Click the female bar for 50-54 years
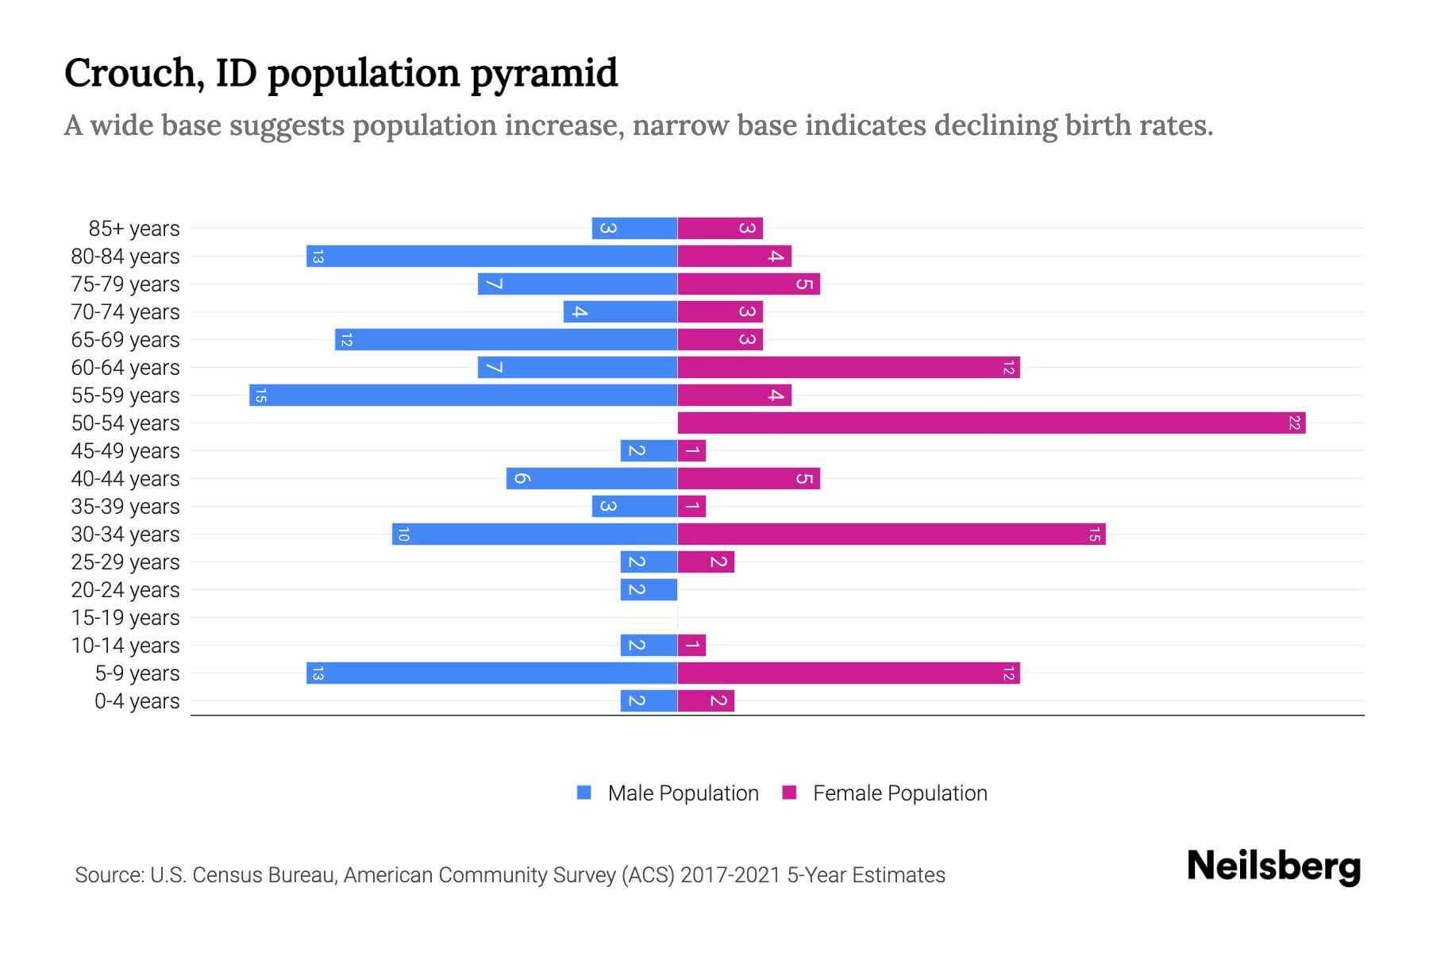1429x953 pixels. [991, 423]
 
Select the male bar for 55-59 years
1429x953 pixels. [463, 395]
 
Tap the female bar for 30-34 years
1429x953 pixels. [891, 534]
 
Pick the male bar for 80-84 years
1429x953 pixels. [491, 257]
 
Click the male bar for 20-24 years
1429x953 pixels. [649, 590]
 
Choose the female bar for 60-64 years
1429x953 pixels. [848, 368]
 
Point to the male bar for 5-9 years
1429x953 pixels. [491, 673]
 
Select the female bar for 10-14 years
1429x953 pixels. [691, 646]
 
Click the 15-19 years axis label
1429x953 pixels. [125, 618]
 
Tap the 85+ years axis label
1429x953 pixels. [134, 229]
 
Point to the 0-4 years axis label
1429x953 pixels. [137, 701]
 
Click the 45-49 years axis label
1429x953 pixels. [125, 451]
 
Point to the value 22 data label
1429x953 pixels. [1294, 423]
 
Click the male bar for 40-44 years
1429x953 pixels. [591, 479]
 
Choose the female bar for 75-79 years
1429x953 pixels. [748, 284]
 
